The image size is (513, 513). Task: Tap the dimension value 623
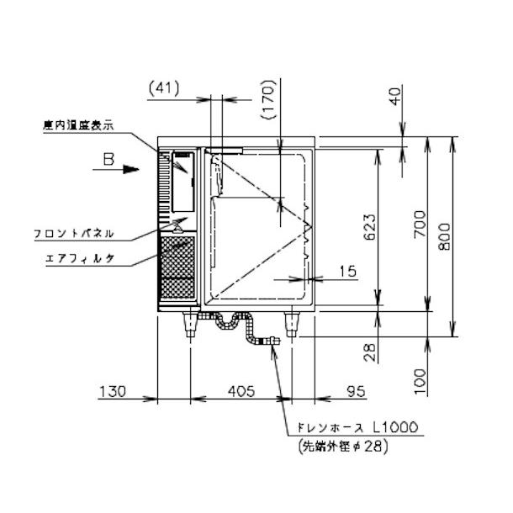pyautogui.click(x=369, y=225)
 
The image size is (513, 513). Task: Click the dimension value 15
pyautogui.click(x=347, y=271)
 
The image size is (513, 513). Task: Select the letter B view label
pyautogui.click(x=107, y=156)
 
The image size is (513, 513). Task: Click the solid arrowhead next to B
pyautogui.click(x=130, y=169)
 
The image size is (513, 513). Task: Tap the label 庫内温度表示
pyautogui.click(x=77, y=125)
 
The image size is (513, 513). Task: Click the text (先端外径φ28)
pyautogui.click(x=340, y=447)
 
